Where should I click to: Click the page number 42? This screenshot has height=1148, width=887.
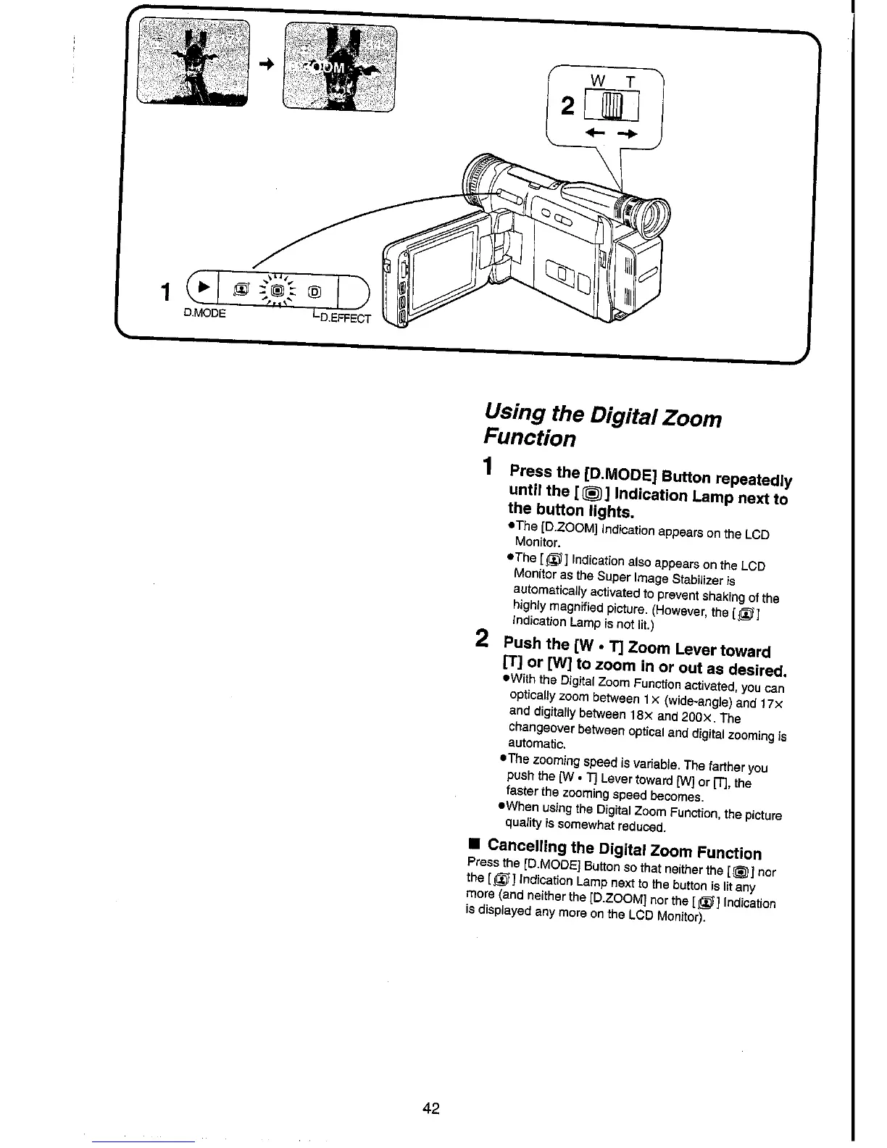pos(431,1109)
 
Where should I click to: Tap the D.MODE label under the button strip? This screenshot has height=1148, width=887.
pos(204,314)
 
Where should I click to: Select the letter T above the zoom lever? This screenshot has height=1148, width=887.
pos(631,83)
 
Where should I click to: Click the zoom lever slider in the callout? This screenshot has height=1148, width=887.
pos(612,107)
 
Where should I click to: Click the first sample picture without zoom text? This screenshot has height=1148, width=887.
pos(193,63)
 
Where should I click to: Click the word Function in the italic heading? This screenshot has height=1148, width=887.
pos(529,438)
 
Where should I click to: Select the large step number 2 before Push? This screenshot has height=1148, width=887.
pos(481,639)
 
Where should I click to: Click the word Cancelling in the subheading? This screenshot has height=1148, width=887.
pos(528,845)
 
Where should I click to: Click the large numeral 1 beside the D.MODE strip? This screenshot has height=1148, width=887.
pos(167,293)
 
